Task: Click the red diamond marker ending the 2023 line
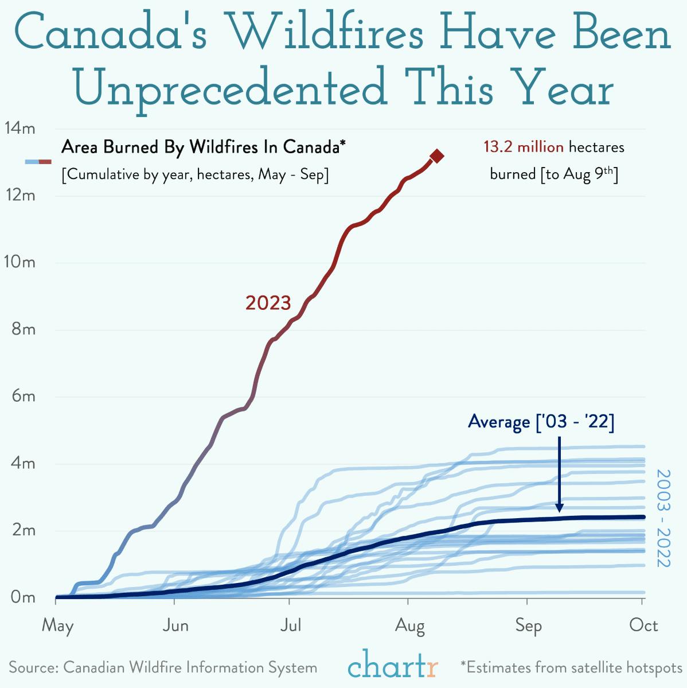pos(437,156)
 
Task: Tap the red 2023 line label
pos(268,303)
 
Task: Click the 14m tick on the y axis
pos(19,128)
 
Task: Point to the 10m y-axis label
pos(19,262)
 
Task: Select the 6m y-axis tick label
pos(23,397)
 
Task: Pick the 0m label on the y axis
pos(23,597)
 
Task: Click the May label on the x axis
pos(57,625)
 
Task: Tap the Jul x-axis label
pos(291,625)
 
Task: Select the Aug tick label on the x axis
pos(409,625)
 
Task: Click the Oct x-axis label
pos(643,625)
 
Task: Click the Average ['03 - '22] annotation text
pos(541,422)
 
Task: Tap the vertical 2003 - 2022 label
pos(663,518)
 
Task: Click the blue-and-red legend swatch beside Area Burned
pos(38,162)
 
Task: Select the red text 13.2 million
pos(523,147)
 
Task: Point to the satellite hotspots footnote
pos(571,668)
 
